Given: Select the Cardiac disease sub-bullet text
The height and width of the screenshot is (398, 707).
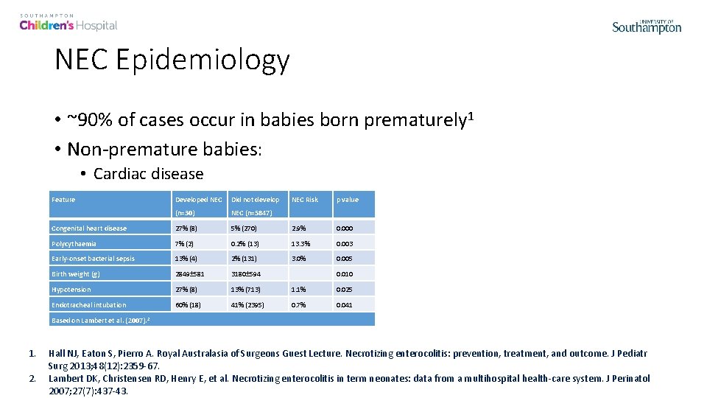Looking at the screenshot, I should [x=148, y=174].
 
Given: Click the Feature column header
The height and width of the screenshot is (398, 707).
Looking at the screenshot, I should [x=63, y=200].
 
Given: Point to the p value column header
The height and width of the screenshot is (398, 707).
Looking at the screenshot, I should [x=348, y=200].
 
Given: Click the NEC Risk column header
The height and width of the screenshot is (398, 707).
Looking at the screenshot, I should [x=305, y=200].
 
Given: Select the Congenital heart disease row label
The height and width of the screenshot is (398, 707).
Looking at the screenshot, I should [x=89, y=228].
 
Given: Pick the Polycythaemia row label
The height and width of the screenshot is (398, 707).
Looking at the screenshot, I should [x=74, y=244].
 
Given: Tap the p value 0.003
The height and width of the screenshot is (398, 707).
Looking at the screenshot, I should [x=345, y=244].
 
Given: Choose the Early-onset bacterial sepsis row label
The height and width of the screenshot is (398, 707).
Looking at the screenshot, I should [x=93, y=259].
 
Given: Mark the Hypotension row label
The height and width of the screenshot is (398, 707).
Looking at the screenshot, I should [x=71, y=290].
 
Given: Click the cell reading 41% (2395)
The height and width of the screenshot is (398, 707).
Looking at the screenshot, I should [x=248, y=305].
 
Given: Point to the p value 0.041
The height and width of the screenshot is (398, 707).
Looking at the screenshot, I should [x=345, y=305].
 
